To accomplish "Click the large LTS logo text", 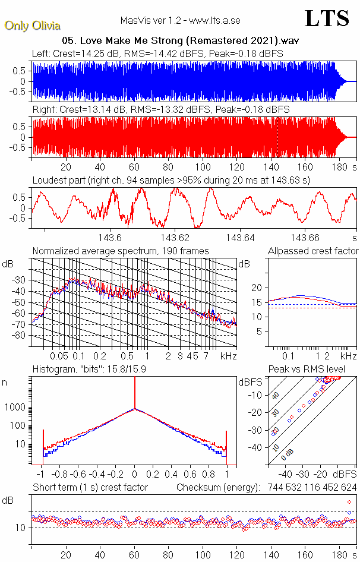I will (327, 18).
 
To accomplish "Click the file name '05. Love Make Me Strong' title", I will (180, 41).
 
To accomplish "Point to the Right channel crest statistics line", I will (160, 110).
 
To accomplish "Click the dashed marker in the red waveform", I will (276, 137).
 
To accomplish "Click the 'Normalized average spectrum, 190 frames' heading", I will (121, 251).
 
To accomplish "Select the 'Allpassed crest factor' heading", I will (313, 251).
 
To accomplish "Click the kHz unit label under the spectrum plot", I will (228, 356).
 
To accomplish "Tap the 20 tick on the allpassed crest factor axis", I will (257, 288).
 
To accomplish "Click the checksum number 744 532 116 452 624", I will (308, 487).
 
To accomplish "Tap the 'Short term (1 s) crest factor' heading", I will (90, 487).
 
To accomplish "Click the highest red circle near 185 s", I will (349, 502).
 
